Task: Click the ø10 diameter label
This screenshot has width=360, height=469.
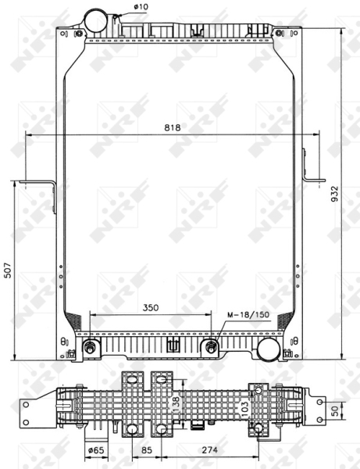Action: (141, 8)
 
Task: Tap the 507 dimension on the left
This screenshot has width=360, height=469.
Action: (8, 270)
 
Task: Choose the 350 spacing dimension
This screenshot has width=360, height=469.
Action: (150, 308)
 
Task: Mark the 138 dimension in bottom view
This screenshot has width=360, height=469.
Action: (176, 404)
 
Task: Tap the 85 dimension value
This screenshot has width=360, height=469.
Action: (145, 450)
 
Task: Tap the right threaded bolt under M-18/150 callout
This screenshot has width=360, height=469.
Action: (211, 346)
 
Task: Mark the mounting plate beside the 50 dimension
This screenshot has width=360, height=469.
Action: (319, 410)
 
